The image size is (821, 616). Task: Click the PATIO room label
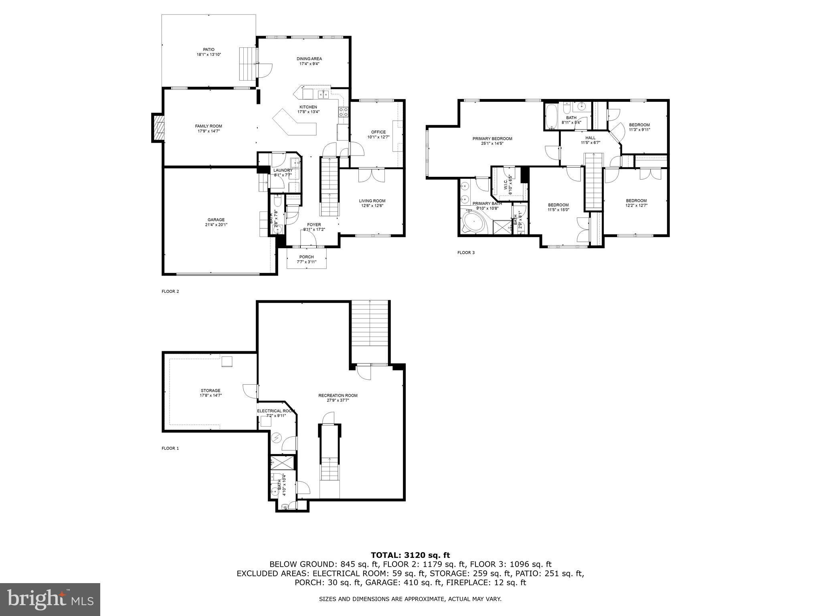[x=208, y=50]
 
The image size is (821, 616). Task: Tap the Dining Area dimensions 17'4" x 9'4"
[x=309, y=64]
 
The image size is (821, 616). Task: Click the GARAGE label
[x=216, y=220]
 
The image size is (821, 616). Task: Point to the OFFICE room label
[x=378, y=132]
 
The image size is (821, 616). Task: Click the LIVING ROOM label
[x=372, y=201]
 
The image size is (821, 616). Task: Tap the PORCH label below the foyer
[x=306, y=257]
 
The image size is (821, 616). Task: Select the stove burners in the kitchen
[x=344, y=112]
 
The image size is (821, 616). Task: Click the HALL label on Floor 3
[x=590, y=138]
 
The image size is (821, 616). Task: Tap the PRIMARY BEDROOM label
[x=492, y=139]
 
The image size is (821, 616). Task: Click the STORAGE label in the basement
[x=210, y=391]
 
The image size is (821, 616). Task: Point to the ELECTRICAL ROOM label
[x=276, y=411]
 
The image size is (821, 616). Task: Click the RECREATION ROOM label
[x=338, y=395]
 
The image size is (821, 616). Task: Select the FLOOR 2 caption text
[x=170, y=292]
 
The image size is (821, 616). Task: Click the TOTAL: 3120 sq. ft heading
[x=410, y=555]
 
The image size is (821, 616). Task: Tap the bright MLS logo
[x=50, y=599]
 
